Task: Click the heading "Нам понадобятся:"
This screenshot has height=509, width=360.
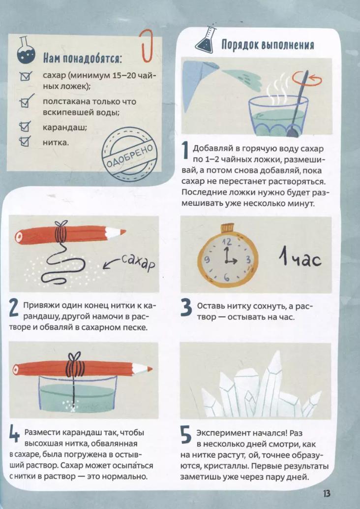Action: coord(83,59)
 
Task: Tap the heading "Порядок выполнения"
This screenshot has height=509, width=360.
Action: coord(268,44)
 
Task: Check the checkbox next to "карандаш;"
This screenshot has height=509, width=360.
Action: coord(25,127)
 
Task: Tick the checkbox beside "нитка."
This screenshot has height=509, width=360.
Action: coord(25,141)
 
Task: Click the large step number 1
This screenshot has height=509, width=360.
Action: coord(185,151)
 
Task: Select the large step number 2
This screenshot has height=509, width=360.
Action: coord(14,309)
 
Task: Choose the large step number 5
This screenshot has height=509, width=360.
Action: coord(186,435)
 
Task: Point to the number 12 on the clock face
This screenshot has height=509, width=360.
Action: coord(227,242)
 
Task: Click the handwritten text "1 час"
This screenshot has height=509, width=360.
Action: coord(300,259)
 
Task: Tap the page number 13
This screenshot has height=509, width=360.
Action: coord(326,493)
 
